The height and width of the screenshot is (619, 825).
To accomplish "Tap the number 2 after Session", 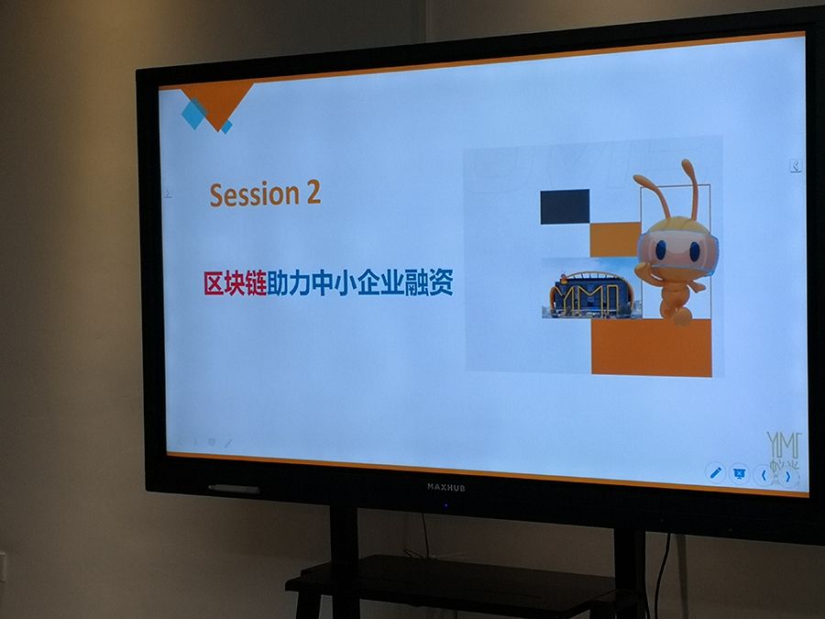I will point(313,193).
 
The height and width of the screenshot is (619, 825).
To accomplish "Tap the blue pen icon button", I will point(715,472).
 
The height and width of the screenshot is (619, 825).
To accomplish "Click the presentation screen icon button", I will point(739,474).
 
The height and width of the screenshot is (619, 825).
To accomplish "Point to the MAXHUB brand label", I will point(446,487).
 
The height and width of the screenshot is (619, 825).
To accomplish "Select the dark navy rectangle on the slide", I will point(565,206).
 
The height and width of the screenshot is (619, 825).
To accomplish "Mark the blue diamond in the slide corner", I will point(193,114).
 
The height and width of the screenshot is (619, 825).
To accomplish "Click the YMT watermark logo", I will point(783,449).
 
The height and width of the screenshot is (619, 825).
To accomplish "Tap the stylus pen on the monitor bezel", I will point(233,489).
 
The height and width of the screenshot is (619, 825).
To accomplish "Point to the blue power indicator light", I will point(446,504).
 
